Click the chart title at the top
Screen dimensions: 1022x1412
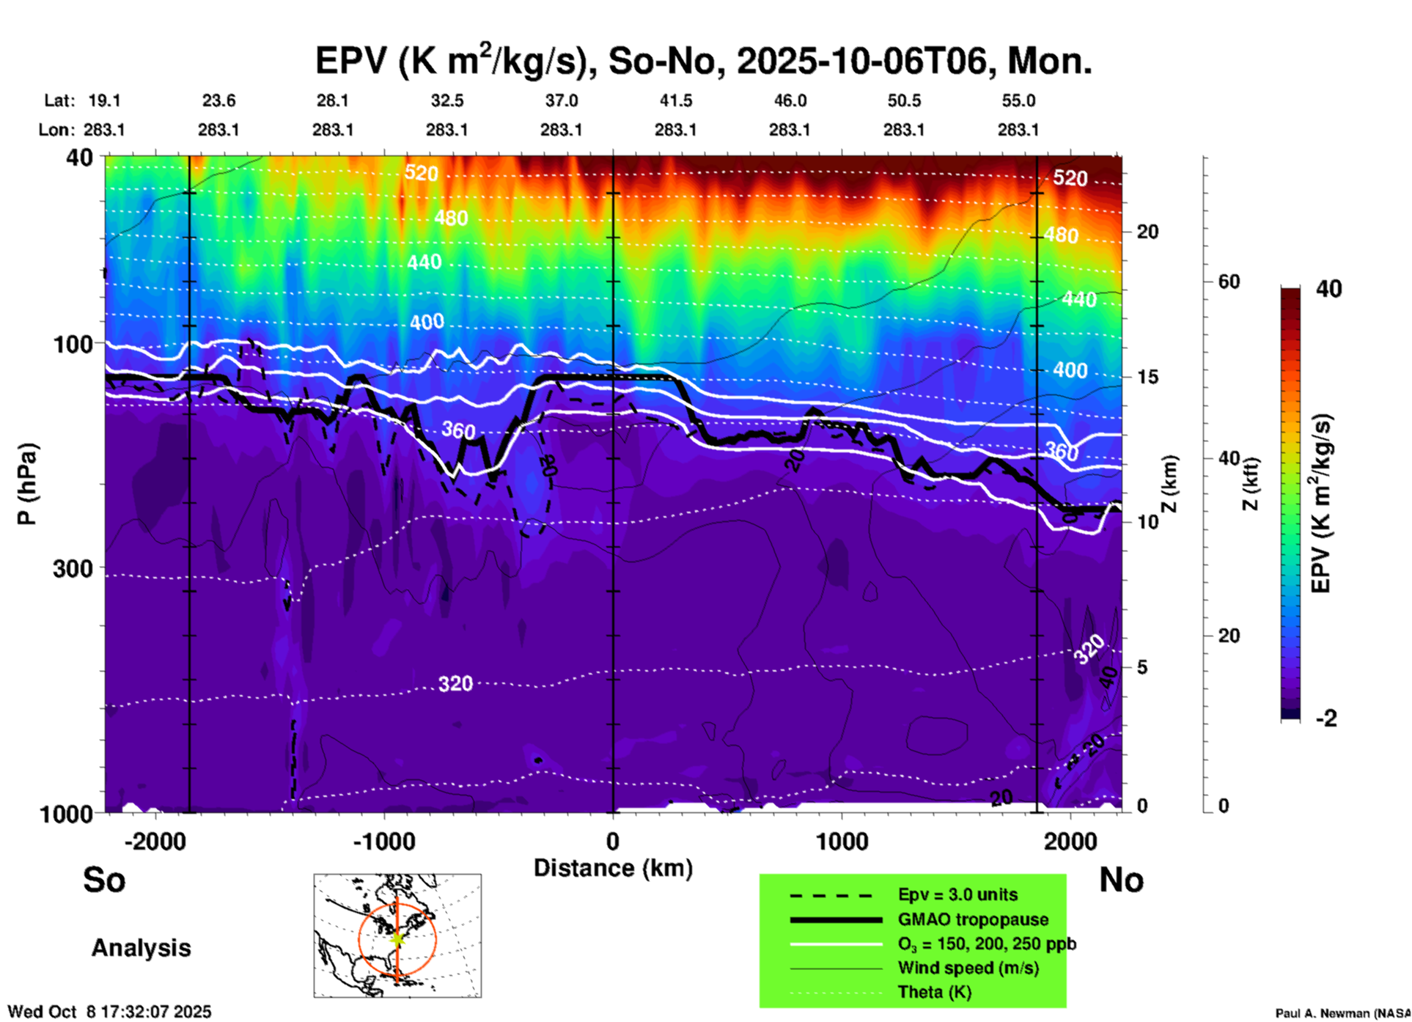(703, 61)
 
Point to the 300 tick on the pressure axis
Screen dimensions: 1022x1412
(73, 568)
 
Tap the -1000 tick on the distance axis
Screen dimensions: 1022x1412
(383, 842)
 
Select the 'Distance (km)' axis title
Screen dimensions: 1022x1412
(613, 868)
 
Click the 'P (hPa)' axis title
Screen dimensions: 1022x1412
(26, 484)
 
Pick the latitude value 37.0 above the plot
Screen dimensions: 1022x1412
(561, 100)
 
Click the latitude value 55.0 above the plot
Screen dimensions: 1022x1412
(1018, 100)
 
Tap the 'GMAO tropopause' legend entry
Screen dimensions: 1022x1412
(972, 919)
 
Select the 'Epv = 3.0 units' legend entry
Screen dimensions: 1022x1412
(957, 895)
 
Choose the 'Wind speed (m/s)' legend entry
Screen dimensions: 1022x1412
(968, 968)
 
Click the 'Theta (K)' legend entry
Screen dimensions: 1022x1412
(934, 992)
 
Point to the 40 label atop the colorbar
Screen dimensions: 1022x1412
(1328, 289)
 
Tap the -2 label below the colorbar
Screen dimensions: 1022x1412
(1326, 718)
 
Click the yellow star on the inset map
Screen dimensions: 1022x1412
(397, 938)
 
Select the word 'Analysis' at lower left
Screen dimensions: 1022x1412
(141, 948)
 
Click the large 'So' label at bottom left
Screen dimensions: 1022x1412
(104, 880)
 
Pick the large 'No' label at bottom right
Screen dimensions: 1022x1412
(1121, 880)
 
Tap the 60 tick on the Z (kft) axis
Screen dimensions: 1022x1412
(1229, 282)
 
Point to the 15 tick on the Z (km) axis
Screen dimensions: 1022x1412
(1147, 377)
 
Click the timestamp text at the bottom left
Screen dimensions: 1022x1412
(109, 1012)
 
